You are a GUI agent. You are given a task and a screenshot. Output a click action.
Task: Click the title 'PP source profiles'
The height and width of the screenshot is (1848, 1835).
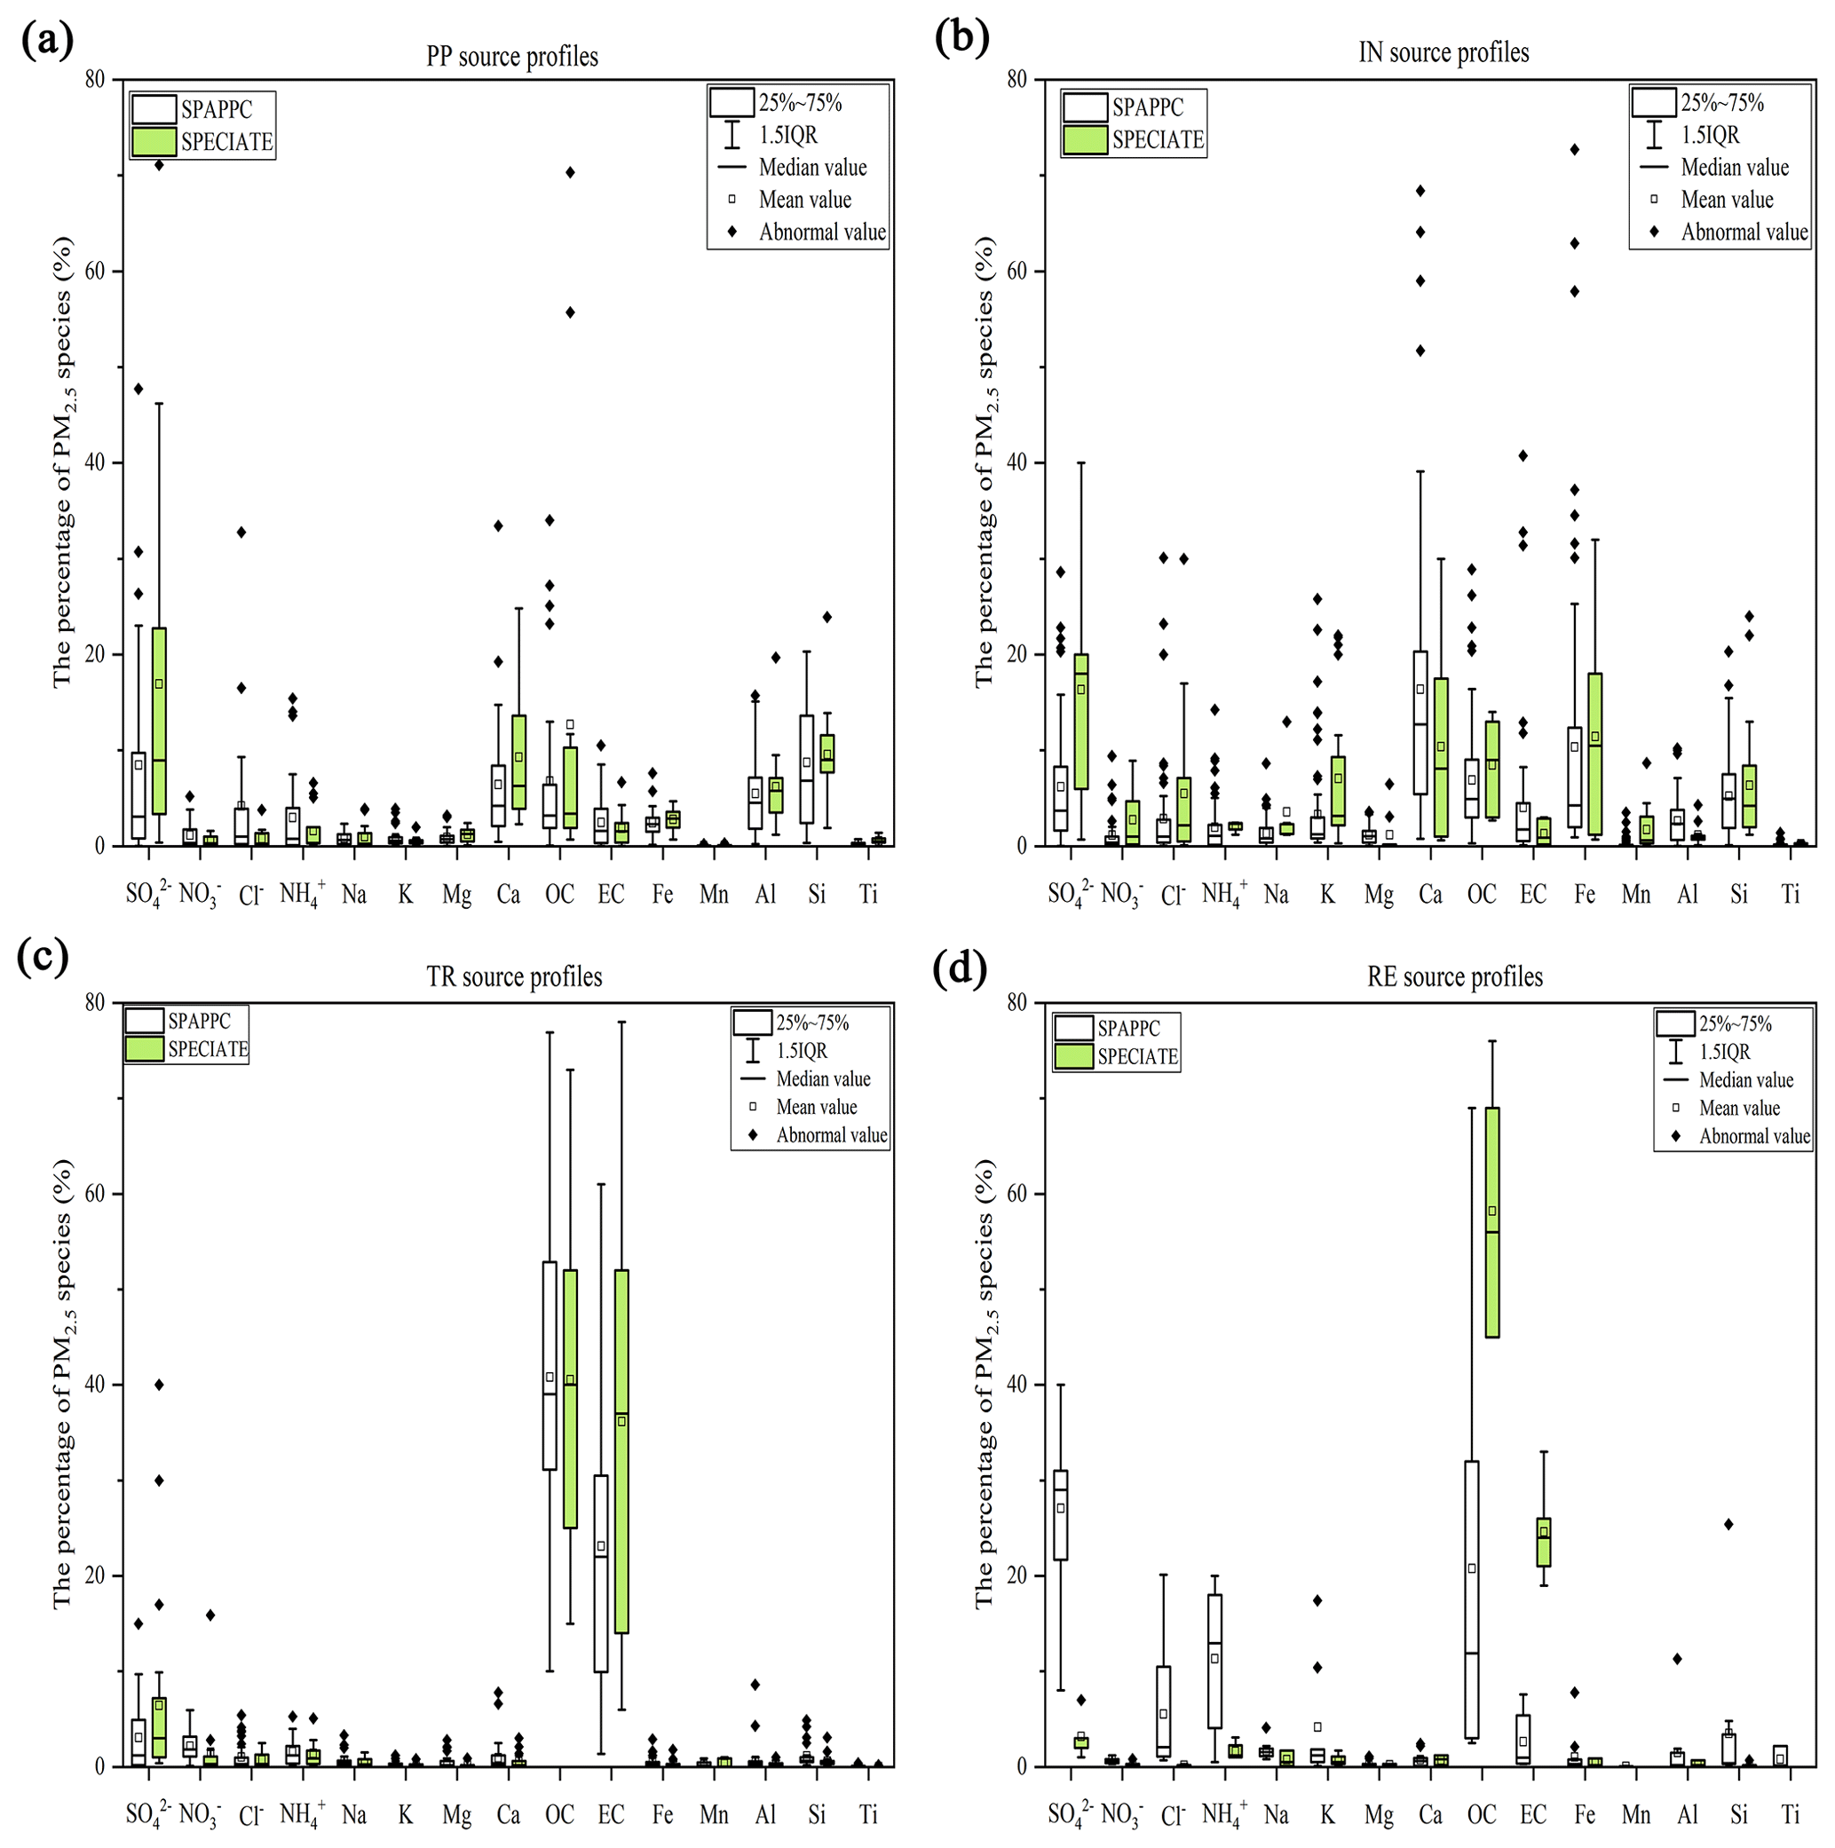[512, 57]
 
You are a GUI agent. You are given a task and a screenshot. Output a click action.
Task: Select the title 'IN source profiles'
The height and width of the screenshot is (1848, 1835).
[1443, 52]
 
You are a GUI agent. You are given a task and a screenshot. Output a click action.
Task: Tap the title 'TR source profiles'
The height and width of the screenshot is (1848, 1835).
[514, 976]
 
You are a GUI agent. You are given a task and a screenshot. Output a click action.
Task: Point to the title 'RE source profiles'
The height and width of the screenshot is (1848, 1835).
[1454, 976]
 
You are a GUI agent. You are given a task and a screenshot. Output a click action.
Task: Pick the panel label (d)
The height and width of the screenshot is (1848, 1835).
[960, 968]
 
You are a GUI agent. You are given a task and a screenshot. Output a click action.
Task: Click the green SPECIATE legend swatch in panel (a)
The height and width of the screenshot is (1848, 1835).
[154, 141]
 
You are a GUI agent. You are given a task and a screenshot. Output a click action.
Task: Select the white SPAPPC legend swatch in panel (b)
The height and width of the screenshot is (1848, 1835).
[1085, 108]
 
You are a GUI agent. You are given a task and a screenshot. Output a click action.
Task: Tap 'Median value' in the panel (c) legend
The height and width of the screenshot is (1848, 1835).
[823, 1079]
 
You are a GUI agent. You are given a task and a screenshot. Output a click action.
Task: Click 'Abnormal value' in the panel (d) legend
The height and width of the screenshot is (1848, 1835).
[1753, 1136]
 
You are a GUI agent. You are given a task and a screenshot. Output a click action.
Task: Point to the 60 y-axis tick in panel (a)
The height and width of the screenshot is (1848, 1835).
[93, 272]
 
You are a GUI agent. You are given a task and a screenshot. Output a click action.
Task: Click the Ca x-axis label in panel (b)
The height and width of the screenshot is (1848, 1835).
[1429, 895]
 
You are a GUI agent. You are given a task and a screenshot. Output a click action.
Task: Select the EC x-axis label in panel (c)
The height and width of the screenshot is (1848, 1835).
[611, 1814]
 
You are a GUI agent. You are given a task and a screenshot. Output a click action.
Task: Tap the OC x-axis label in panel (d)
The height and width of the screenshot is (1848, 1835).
[1481, 1814]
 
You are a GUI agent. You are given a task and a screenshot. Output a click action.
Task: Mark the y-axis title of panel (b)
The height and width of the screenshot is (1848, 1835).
[985, 461]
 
